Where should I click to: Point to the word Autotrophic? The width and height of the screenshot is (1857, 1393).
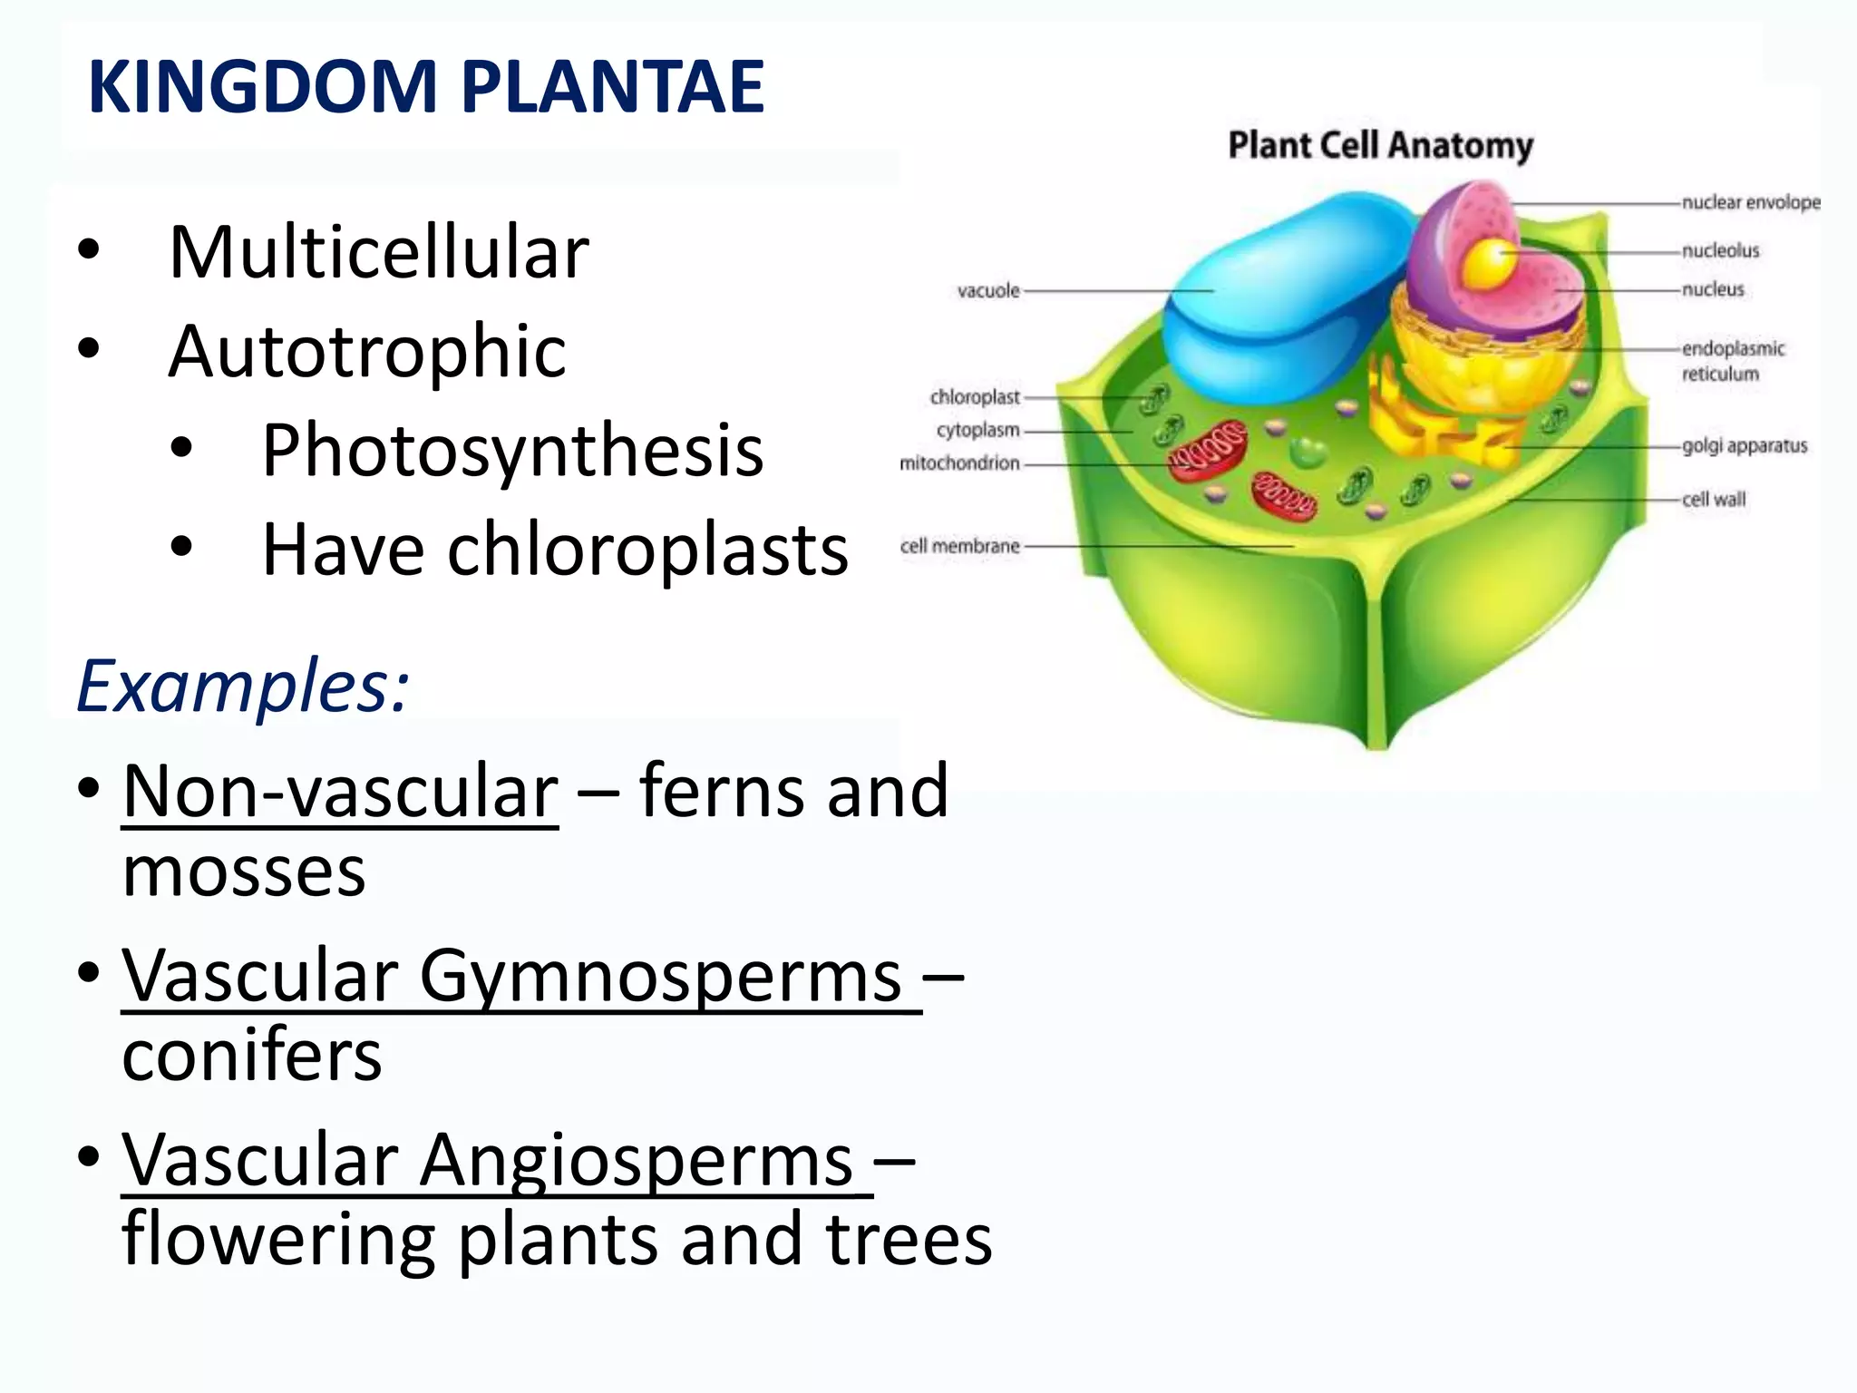[367, 352]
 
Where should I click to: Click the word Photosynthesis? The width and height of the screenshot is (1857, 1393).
[512, 451]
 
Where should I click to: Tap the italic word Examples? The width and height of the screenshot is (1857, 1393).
[243, 687]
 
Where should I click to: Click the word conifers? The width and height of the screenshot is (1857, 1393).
[252, 1056]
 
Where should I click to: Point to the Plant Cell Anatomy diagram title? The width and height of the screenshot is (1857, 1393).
[1380, 145]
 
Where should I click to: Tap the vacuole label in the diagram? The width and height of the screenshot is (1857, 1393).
[988, 291]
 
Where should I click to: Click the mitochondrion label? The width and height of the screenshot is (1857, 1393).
[959, 463]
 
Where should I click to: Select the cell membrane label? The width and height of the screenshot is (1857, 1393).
[959, 546]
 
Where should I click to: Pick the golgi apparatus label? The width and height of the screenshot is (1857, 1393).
[1745, 445]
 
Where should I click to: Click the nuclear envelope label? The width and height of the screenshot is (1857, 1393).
[1751, 202]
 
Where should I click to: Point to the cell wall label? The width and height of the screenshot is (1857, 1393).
[1713, 500]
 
